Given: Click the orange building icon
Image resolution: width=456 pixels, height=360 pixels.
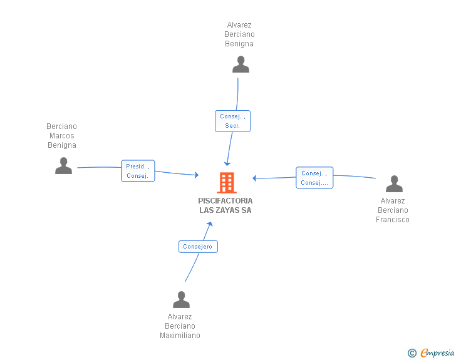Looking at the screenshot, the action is pos(227,183).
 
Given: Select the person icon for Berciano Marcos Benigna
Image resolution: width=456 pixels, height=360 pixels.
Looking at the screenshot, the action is pos(63,166).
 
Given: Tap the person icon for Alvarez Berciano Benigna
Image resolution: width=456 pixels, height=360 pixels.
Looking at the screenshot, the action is pos(241,64).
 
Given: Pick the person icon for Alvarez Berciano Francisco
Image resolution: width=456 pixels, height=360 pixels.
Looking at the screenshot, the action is pos(394,184).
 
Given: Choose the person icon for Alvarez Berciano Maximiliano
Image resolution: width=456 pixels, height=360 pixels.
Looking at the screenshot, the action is pos(181,299).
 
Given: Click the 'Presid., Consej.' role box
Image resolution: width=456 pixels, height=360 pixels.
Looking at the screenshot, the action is pos(138,171).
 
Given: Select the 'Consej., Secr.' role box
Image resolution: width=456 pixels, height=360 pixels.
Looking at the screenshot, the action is pos(232,121).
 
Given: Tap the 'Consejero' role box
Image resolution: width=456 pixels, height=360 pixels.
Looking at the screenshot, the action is pos(198,247).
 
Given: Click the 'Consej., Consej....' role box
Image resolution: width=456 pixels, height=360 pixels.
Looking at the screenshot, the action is pos(314,178).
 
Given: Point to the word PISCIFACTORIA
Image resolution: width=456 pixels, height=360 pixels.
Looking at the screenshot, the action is pos(225,200).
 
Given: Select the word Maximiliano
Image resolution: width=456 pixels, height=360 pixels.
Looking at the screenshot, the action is pos(180,336).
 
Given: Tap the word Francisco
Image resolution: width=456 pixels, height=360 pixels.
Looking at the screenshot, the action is pos(393,220).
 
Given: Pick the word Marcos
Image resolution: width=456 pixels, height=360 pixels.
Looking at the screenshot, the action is pos(62,136).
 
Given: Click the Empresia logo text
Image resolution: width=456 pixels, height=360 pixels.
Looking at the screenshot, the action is pos(437,352).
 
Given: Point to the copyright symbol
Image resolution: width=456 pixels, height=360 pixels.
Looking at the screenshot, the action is pos(412,353).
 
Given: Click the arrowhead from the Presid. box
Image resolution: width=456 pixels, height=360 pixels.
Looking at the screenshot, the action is pos(197,175).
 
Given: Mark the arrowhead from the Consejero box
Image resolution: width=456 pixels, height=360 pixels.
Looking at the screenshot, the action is pos(210,224).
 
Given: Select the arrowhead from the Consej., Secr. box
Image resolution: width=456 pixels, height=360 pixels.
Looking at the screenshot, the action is pos(227,163).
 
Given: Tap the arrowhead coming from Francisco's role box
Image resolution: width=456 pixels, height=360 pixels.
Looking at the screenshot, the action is pos(254,178).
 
